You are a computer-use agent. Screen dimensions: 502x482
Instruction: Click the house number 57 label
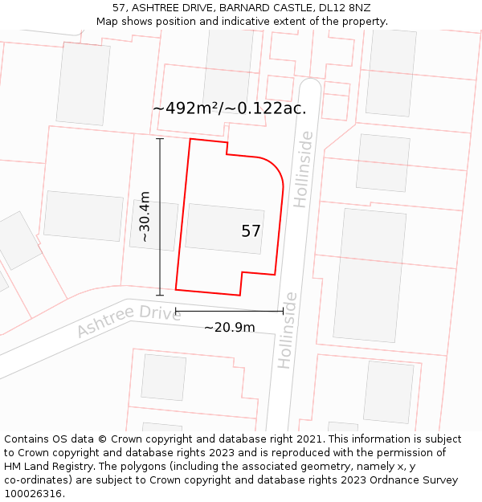[251, 231]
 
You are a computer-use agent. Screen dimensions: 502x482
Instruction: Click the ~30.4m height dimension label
[145, 216]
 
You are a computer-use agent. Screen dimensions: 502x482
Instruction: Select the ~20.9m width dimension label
[229, 327]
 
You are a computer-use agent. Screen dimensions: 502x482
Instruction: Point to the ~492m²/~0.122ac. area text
[229, 108]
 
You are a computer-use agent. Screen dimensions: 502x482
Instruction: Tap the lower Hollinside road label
[287, 330]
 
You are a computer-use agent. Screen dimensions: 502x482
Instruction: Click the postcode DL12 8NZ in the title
[345, 8]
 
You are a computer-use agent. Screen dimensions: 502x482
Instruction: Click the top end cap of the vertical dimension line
[160, 139]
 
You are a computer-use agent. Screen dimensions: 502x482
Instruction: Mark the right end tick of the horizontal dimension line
[283, 312]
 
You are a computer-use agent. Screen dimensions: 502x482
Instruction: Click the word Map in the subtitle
[108, 22]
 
